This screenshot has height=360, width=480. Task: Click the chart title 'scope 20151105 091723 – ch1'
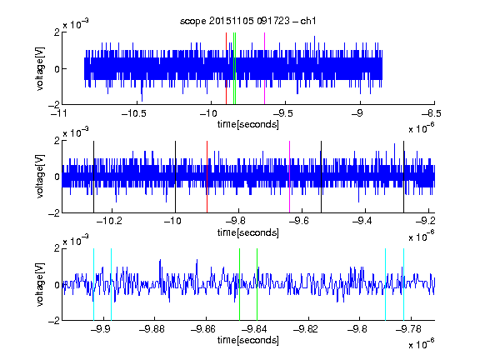[248, 21]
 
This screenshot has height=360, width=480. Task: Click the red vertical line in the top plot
[226, 68]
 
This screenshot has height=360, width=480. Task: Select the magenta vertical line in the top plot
[264, 68]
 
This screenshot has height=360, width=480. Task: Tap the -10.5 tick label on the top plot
[134, 113]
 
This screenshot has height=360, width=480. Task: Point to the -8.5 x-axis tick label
[432, 113]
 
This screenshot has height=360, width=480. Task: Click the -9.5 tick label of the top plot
[282, 113]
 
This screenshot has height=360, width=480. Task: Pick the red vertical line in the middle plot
[207, 177]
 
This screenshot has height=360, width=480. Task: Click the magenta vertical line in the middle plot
[290, 177]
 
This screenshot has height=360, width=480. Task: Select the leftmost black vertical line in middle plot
[94, 177]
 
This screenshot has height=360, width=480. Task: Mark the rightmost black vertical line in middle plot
[404, 177]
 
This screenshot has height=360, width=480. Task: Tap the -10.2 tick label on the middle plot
[109, 221]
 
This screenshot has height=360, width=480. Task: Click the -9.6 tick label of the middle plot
[298, 221]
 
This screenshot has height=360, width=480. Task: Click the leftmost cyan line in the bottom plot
[93, 284]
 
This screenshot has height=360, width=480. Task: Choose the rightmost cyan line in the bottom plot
[404, 284]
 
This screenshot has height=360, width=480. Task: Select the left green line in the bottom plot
[240, 284]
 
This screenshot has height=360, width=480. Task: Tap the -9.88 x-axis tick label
[152, 329]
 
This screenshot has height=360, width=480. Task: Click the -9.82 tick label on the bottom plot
[306, 329]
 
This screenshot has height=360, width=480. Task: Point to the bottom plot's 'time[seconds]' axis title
[248, 340]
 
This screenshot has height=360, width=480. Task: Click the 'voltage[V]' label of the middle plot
[40, 176]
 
